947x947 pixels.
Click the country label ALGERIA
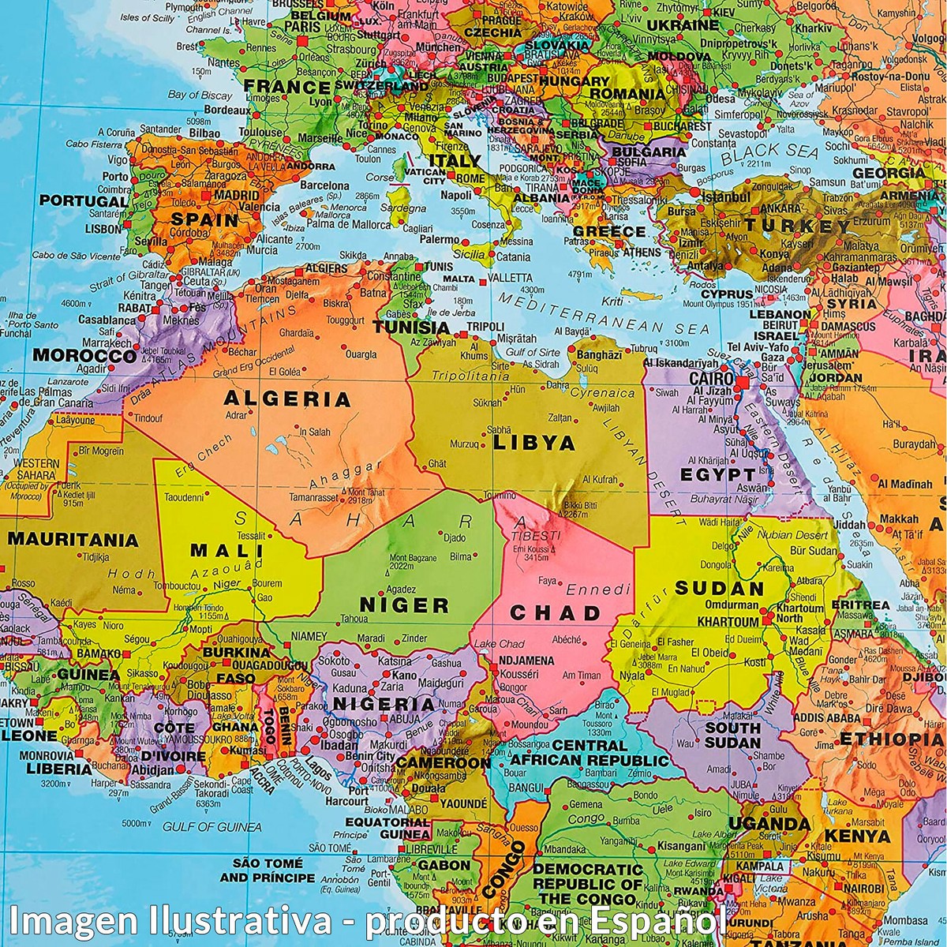[287, 399]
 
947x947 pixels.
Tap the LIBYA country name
[534, 443]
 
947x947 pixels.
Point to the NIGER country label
[404, 605]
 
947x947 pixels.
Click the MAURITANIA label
[73, 541]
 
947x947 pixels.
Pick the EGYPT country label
[717, 474]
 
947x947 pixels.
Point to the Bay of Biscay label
[200, 95]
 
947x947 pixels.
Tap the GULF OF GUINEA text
[211, 826]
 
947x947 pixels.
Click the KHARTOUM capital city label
[727, 622]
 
